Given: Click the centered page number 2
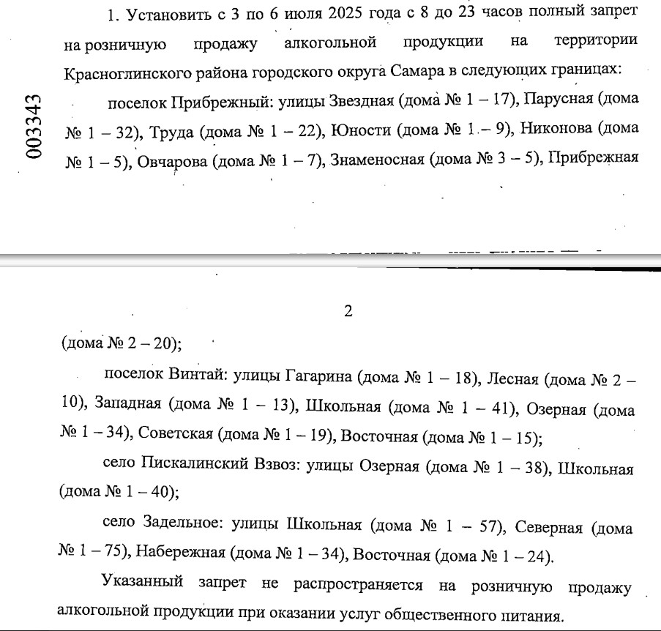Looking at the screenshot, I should point(348,311).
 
